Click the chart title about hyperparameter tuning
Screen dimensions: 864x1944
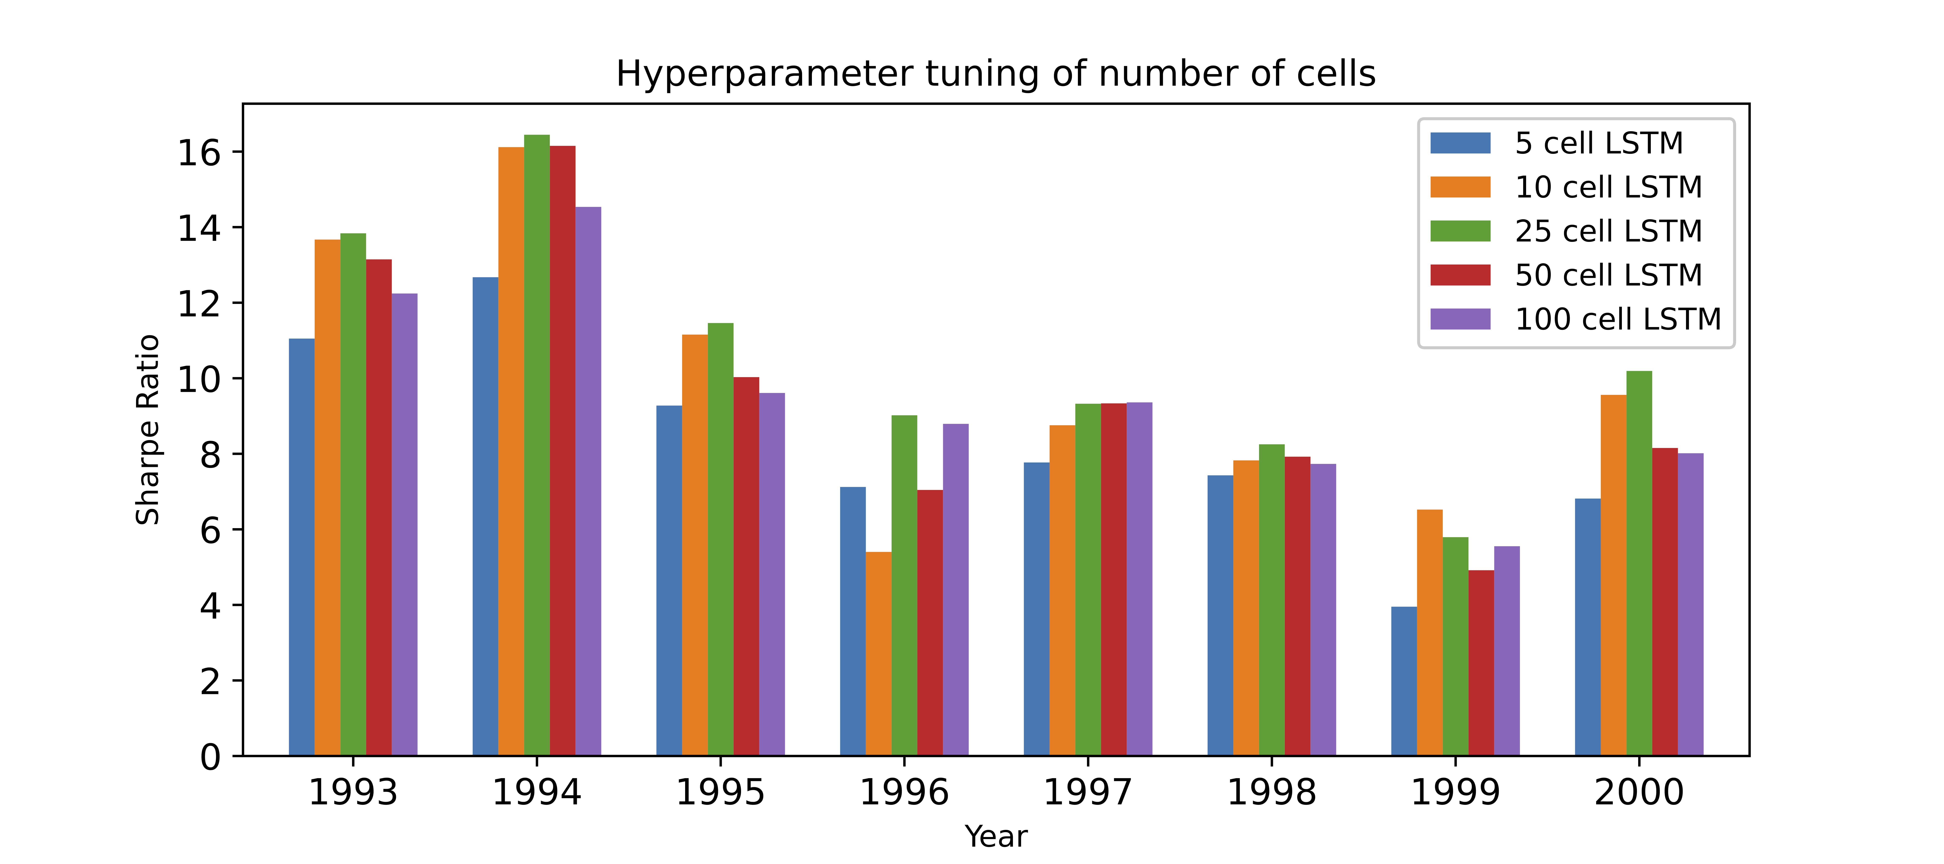click(995, 74)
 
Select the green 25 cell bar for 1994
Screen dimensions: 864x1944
click(537, 445)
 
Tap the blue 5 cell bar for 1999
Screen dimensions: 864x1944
click(1404, 681)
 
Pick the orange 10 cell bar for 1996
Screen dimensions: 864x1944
click(878, 653)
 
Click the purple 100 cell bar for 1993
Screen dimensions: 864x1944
click(405, 524)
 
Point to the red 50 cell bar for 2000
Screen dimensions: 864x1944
click(1665, 601)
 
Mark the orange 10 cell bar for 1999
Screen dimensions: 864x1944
click(1429, 632)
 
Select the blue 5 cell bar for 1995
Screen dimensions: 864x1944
click(669, 580)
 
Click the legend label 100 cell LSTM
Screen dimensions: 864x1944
click(1617, 319)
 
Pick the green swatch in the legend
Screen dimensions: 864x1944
click(1460, 231)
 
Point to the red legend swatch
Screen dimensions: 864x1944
click(1460, 275)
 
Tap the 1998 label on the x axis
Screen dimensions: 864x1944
click(1272, 792)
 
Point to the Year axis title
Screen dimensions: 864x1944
click(995, 836)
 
